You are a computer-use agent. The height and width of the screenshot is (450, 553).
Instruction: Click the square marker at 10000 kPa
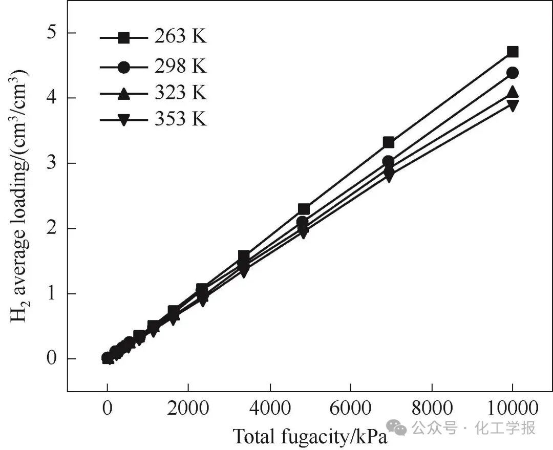513,52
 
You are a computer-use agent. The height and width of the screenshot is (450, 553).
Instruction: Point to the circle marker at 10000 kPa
513,73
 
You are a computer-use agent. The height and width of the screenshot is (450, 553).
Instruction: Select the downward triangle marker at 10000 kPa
513,105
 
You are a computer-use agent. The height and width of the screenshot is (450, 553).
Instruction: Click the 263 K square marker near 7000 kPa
389,142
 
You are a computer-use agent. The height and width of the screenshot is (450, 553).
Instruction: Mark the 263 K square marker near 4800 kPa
304,209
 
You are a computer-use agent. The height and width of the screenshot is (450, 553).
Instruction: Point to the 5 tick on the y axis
55,33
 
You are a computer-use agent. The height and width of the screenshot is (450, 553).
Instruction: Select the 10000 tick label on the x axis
512,409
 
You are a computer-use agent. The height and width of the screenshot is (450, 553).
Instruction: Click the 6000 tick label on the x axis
350,409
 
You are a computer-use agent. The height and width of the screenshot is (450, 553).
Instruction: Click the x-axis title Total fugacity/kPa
310,437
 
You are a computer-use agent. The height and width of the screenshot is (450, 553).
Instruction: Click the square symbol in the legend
123,37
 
